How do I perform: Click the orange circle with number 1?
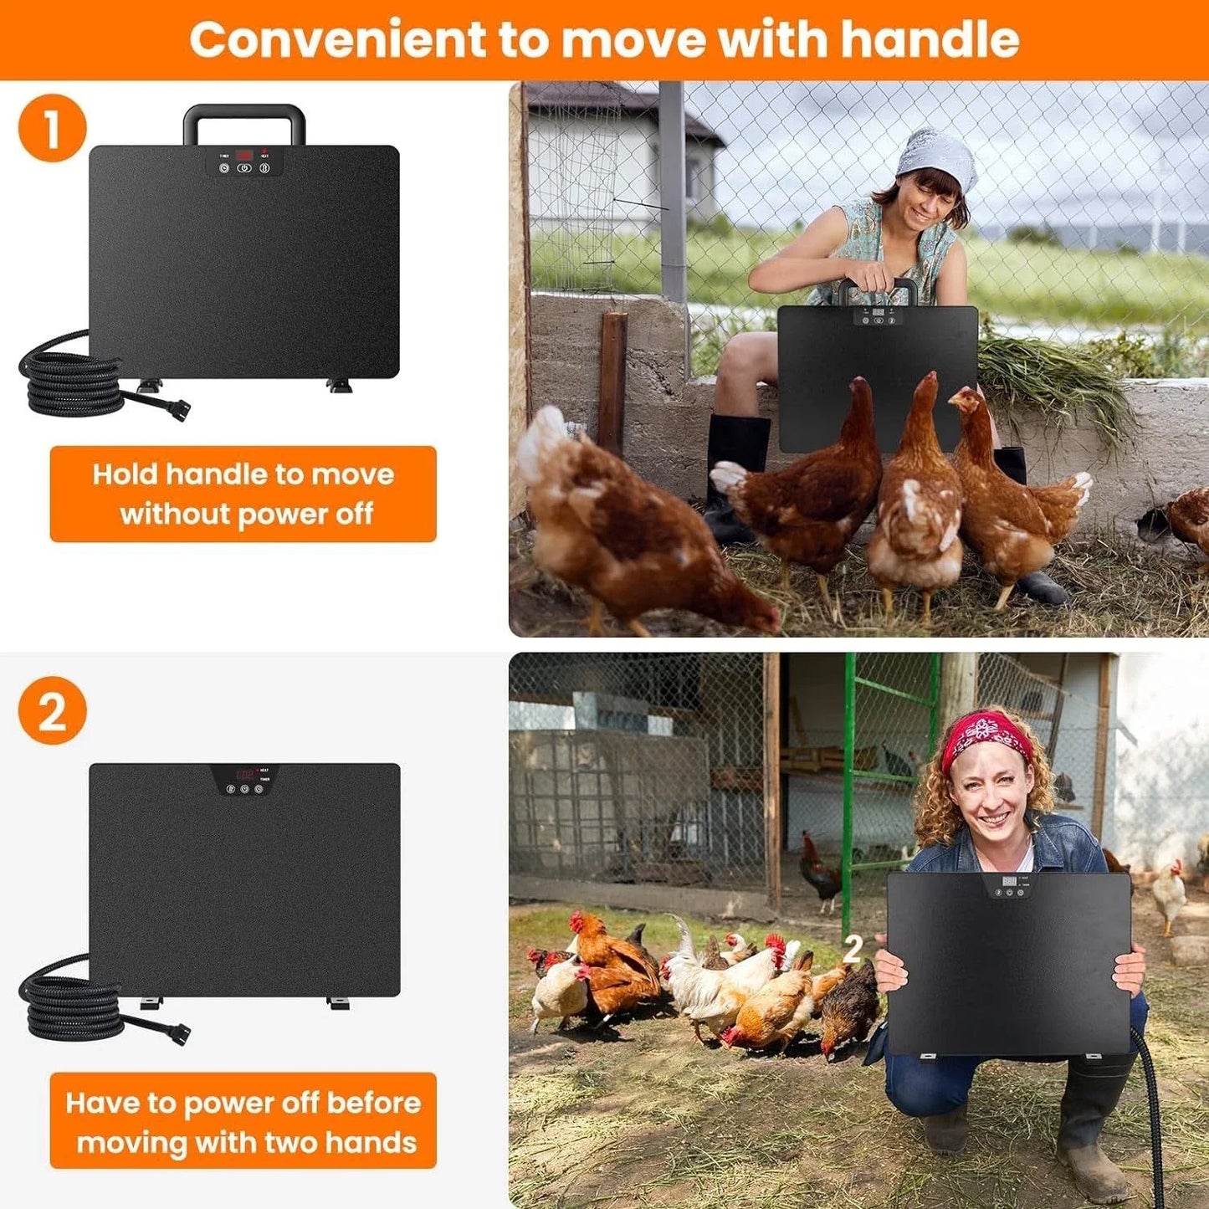tap(52, 128)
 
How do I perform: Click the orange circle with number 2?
tap(52, 710)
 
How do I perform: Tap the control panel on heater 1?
tap(243, 161)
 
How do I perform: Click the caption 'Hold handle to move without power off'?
tap(243, 494)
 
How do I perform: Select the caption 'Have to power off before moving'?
tap(243, 1121)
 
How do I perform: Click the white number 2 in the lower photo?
tap(853, 950)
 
